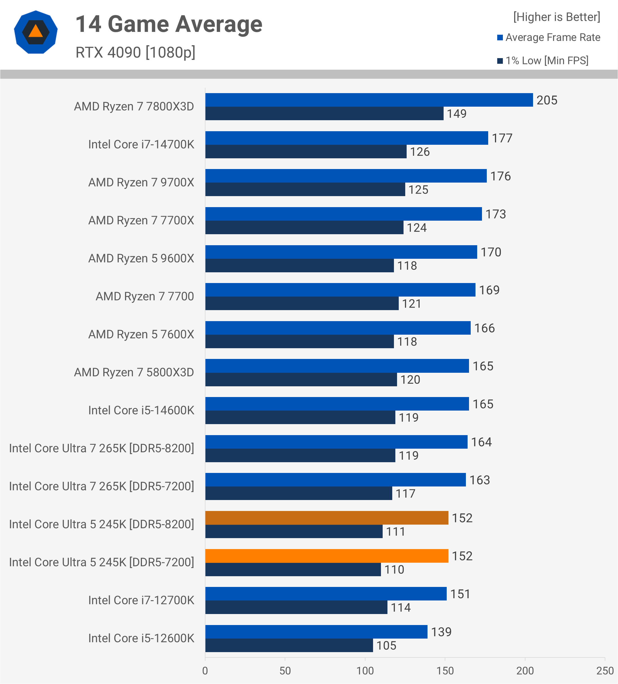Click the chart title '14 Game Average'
(169, 25)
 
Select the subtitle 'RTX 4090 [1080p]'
(135, 52)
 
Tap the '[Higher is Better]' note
(556, 17)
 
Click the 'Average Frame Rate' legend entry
(553, 37)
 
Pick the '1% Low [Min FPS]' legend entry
(546, 61)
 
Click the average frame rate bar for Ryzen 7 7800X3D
(369, 100)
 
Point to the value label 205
(547, 100)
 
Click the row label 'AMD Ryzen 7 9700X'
(141, 183)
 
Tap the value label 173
(496, 214)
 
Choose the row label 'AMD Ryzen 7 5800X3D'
(134, 372)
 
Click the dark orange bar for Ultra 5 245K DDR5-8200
(326, 518)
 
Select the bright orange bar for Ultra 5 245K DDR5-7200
(326, 556)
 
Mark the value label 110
(394, 570)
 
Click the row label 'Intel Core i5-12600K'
(141, 639)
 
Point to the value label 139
(441, 632)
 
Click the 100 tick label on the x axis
(365, 671)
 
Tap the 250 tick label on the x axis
(605, 671)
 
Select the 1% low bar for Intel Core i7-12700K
(296, 608)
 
